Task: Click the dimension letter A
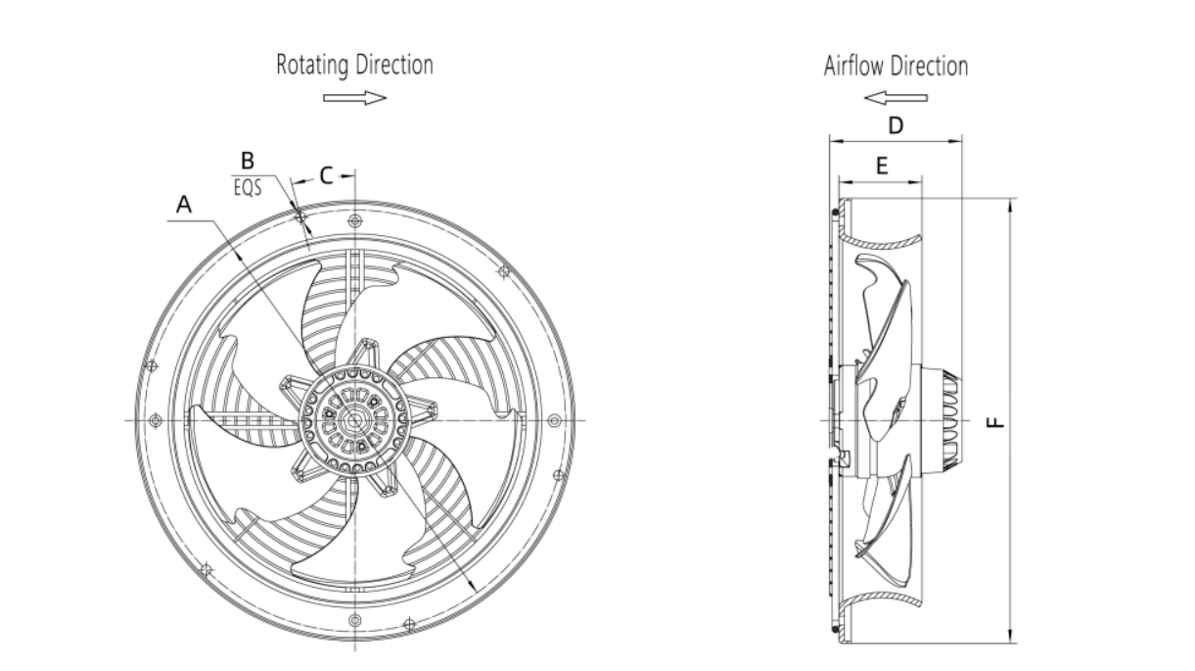(x=184, y=205)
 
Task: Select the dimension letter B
(x=248, y=161)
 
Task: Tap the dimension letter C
(x=327, y=175)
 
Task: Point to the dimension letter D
(x=896, y=126)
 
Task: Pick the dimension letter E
(x=883, y=166)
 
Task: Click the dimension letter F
(x=995, y=423)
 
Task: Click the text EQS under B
(x=248, y=187)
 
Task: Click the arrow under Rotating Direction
(x=354, y=98)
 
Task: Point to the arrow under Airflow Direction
(x=896, y=98)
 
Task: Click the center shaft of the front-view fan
(x=354, y=420)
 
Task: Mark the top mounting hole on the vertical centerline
(x=354, y=220)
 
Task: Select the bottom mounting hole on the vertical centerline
(x=354, y=620)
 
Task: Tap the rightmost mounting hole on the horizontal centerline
(x=554, y=420)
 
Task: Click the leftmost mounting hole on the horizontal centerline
(x=156, y=420)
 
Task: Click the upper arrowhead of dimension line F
(x=1010, y=206)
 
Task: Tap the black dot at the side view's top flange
(x=836, y=213)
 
